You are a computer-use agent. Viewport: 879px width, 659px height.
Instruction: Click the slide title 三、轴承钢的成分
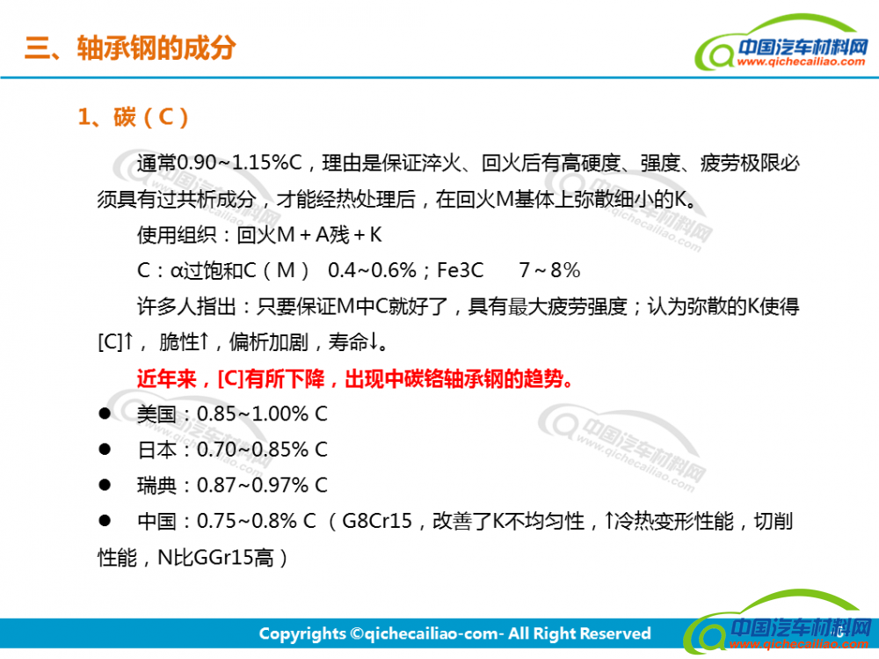click(x=130, y=48)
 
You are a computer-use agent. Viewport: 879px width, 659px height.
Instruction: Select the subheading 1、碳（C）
click(x=134, y=117)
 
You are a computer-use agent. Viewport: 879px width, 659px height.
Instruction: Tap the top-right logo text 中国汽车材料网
click(x=803, y=47)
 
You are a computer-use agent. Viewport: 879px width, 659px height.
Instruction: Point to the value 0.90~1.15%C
click(x=240, y=163)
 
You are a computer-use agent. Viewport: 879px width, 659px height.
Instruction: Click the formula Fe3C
click(x=460, y=271)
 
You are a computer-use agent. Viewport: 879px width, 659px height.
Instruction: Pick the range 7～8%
click(x=549, y=271)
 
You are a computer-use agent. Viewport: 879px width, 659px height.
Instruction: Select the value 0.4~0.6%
click(x=372, y=271)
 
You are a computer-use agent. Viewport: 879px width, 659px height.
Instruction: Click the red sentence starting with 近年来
click(x=355, y=379)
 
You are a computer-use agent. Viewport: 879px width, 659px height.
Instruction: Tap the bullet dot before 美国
click(x=105, y=414)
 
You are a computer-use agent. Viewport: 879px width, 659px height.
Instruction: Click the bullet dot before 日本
click(x=105, y=449)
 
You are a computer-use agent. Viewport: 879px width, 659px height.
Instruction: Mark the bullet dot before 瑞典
click(x=105, y=485)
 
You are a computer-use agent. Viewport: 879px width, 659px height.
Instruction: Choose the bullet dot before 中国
click(x=105, y=520)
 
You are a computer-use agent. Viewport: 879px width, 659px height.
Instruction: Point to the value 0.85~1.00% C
click(x=262, y=414)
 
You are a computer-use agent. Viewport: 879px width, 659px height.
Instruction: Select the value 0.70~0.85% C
click(x=262, y=450)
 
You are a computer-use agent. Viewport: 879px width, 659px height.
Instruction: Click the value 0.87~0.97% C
click(x=262, y=485)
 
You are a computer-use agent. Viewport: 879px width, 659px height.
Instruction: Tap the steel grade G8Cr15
click(x=377, y=521)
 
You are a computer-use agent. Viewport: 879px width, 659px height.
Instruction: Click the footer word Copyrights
click(x=302, y=634)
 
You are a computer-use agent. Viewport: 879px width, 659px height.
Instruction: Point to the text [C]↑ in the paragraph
click(x=115, y=341)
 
